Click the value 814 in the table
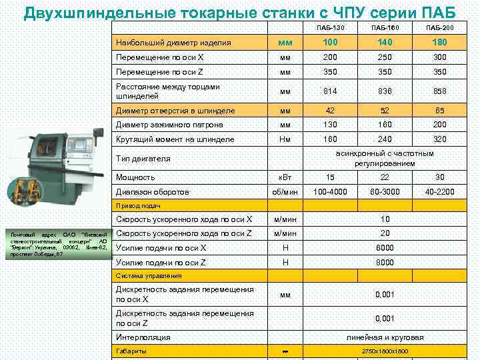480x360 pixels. click(x=329, y=91)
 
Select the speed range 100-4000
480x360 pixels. click(x=329, y=192)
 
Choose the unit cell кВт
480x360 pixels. click(x=285, y=177)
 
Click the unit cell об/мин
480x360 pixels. click(x=285, y=192)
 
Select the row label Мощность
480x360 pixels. click(x=135, y=177)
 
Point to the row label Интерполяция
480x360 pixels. click(x=143, y=337)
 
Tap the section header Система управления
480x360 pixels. click(x=149, y=275)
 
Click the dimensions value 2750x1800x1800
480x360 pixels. click(x=385, y=351)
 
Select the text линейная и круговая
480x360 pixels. click(x=385, y=337)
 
